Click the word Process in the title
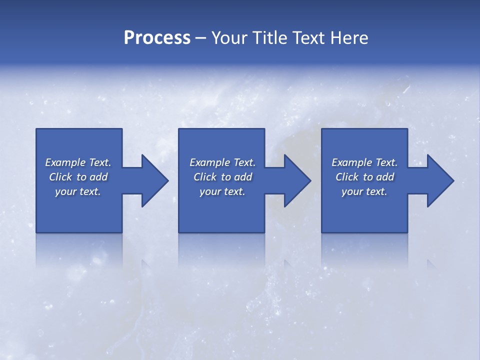pyautogui.click(x=157, y=38)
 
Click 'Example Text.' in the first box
pyautogui.click(x=78, y=162)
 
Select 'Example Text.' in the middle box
pyautogui.click(x=222, y=162)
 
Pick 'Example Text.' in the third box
pyautogui.click(x=364, y=162)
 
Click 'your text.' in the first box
pyautogui.click(x=78, y=191)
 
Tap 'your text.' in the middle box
pyautogui.click(x=222, y=191)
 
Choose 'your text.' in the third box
pyautogui.click(x=364, y=191)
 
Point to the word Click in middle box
pyautogui.click(x=205, y=177)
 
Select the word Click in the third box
pyautogui.click(x=347, y=177)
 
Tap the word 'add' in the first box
pyautogui.click(x=98, y=177)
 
